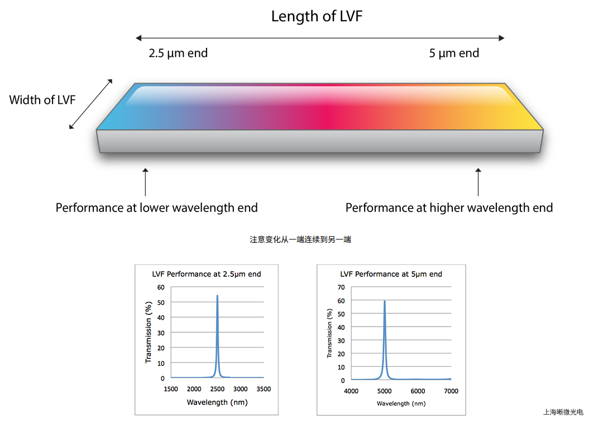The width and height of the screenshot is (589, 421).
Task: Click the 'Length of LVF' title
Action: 317,16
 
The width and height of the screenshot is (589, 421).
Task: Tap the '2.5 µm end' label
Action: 178,54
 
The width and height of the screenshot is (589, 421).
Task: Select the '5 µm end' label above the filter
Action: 454,54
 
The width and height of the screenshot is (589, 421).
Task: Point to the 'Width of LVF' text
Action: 42,101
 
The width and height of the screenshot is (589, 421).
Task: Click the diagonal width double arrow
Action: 91,104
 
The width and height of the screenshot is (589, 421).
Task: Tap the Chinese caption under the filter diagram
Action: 300,240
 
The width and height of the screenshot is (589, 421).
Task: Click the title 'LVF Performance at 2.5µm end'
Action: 207,274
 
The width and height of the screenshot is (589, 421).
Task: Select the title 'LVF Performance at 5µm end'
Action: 391,274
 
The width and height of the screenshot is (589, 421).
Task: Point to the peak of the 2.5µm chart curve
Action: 217,296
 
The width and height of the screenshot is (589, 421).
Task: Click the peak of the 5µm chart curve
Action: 384,302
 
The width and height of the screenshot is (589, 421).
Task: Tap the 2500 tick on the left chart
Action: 217,389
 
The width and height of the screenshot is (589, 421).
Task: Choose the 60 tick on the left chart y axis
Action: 161,287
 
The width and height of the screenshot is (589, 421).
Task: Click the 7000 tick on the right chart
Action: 451,391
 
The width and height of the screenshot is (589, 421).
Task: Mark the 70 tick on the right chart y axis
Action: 341,287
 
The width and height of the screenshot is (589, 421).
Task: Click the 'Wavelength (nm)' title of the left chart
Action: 217,402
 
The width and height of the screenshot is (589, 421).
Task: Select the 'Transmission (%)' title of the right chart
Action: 329,333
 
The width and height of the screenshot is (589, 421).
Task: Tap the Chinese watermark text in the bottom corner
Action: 563,412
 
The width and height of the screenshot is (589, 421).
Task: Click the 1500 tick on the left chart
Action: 171,389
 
